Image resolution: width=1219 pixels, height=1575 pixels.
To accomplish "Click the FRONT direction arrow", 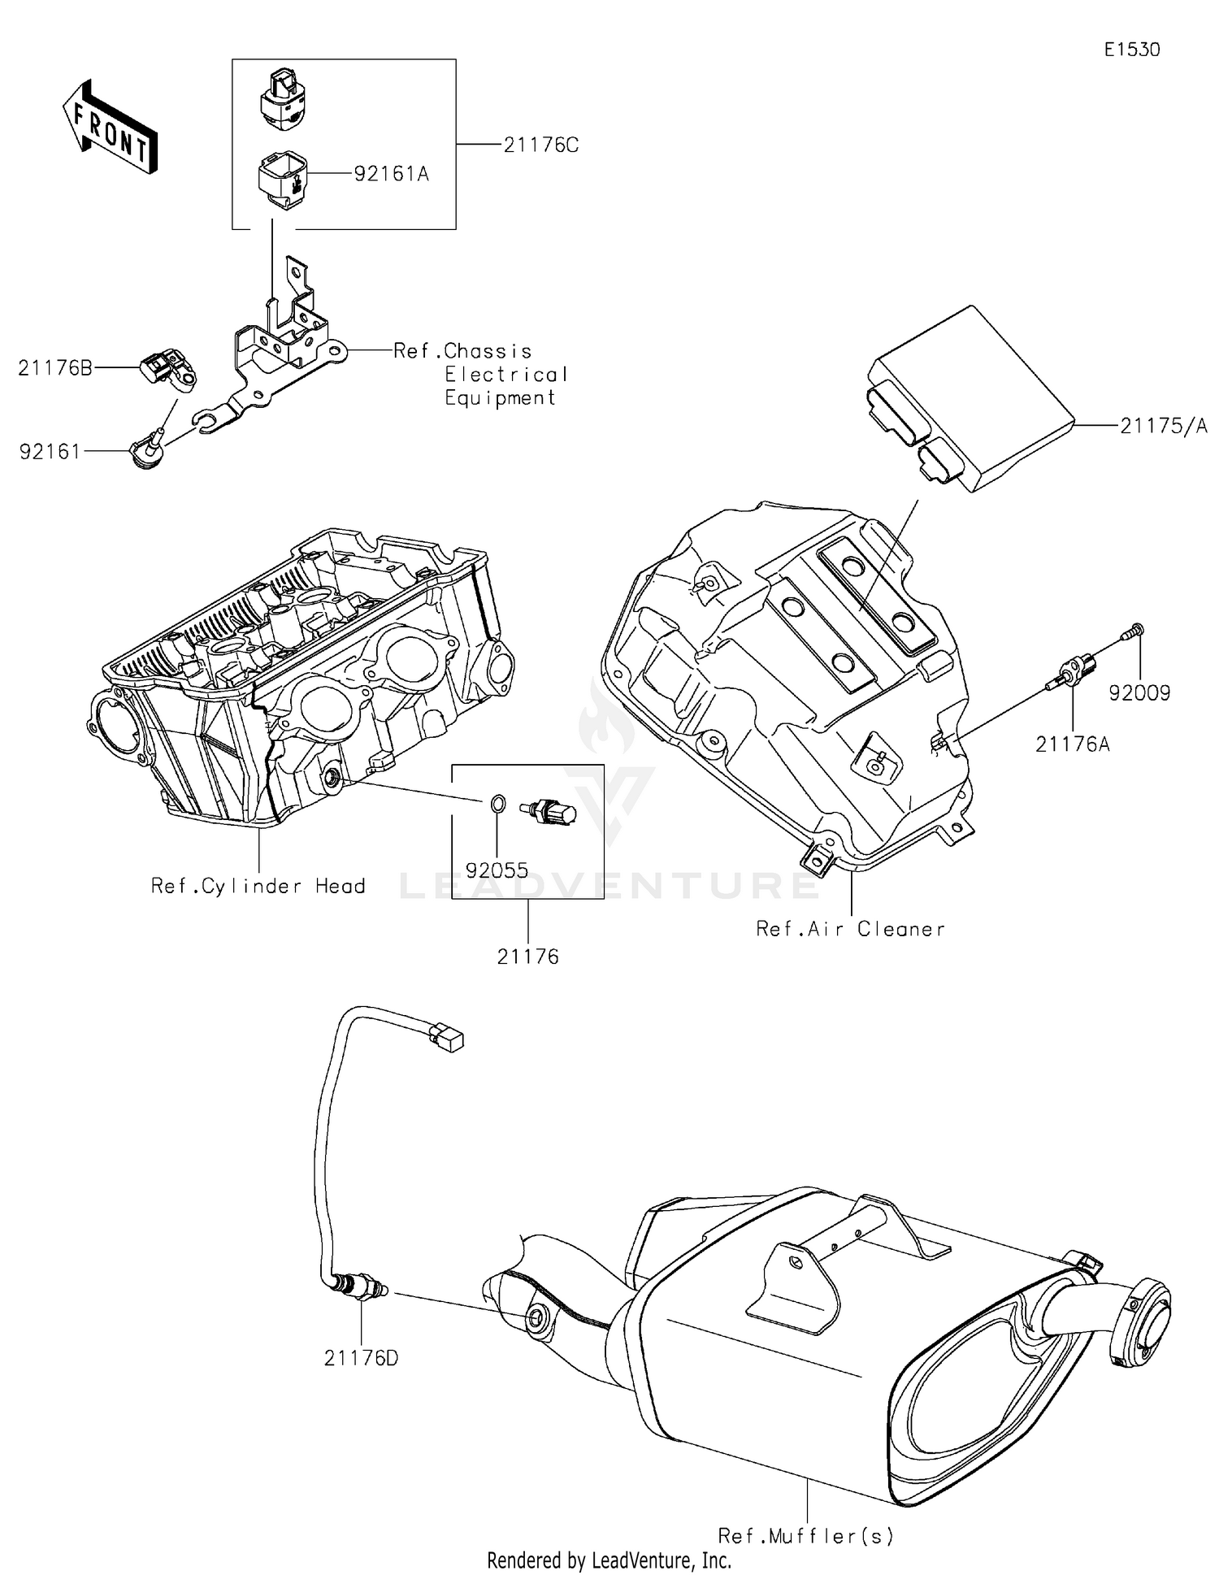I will click(110, 126).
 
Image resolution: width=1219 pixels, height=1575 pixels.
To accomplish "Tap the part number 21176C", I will click(540, 145).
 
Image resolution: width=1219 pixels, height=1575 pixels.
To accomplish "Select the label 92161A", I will click(391, 174).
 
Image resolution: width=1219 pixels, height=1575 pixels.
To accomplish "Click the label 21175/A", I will click(1164, 426).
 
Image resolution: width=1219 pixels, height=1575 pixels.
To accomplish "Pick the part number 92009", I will click(1139, 693).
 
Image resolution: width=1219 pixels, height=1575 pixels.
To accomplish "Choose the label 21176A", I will click(1072, 743).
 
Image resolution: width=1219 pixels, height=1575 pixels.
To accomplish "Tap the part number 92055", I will click(497, 870).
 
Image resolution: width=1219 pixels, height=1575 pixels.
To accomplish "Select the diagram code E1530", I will click(1131, 50).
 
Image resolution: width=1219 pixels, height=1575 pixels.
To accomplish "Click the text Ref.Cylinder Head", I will click(258, 886).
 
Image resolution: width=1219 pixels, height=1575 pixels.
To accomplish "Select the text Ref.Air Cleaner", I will click(850, 929).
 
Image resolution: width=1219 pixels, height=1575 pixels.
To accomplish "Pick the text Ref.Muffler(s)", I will click(805, 1536).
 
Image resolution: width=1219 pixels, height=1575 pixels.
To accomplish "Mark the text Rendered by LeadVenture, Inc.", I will click(609, 1560).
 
